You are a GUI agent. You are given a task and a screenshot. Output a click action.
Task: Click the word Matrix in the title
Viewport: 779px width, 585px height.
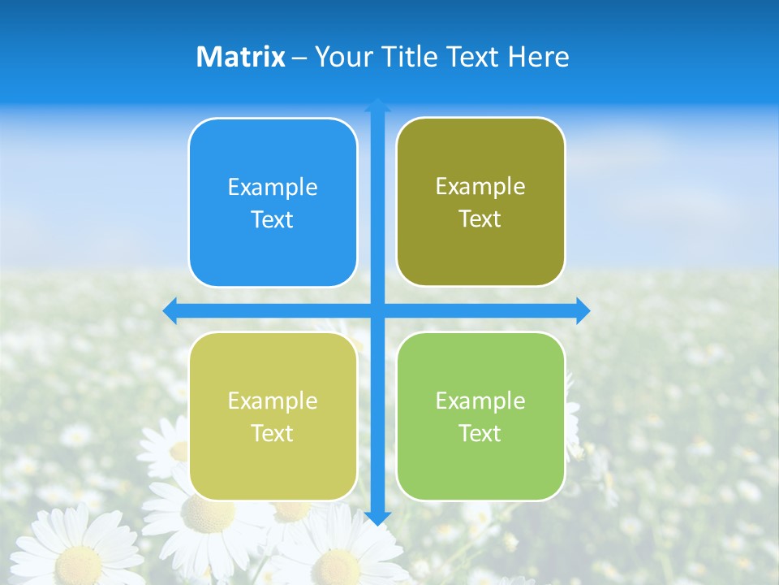[241, 57]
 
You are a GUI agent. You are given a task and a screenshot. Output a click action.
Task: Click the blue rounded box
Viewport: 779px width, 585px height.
[273, 202]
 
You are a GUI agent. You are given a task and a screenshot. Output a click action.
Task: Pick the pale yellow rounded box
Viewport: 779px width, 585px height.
[273, 416]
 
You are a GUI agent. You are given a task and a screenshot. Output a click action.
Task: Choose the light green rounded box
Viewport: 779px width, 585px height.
[480, 416]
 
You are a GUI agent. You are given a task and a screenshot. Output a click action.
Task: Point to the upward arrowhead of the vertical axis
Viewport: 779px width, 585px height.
[377, 105]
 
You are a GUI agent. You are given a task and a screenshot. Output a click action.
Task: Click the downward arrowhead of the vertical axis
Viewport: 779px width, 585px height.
[377, 518]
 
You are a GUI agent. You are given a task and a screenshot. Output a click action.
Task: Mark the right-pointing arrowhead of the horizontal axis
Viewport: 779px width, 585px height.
[583, 310]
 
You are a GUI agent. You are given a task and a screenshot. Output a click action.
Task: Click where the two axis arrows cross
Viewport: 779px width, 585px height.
[377, 310]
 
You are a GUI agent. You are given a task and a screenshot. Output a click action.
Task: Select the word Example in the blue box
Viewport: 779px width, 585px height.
[273, 188]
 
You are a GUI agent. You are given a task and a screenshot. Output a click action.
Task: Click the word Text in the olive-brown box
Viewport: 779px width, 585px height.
[480, 219]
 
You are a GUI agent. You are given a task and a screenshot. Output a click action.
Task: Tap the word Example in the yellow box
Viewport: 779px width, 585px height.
[273, 401]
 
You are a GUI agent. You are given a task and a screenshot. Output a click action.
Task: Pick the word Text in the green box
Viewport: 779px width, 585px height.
[480, 433]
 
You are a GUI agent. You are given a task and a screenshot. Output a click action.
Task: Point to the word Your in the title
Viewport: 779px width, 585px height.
[341, 58]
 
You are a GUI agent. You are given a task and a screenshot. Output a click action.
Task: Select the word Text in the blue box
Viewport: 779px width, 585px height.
[273, 220]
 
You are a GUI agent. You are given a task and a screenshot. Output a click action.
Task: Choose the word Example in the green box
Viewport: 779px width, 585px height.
[480, 401]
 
